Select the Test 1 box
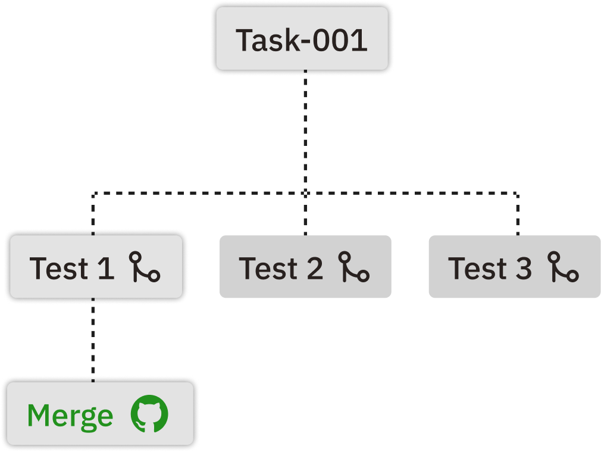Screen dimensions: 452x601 coord(95,267)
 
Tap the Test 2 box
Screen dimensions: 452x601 coord(305,267)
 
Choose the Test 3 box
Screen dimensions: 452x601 coord(514,267)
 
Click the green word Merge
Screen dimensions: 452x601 coord(70,416)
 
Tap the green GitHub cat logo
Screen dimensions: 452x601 coord(150,414)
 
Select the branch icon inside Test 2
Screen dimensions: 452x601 coord(354,267)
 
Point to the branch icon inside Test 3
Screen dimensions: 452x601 coord(563,267)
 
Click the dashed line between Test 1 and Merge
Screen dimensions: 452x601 coord(93,339)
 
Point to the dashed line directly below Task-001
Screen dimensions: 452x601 coord(305,131)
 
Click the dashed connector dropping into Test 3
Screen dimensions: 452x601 coord(517,214)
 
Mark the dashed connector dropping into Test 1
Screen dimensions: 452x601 coord(93,214)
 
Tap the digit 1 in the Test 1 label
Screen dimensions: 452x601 coord(105,268)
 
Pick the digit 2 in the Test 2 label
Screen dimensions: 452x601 coord(314,268)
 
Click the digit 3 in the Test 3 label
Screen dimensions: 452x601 coord(522,268)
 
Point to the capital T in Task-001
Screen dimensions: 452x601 coord(245,40)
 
